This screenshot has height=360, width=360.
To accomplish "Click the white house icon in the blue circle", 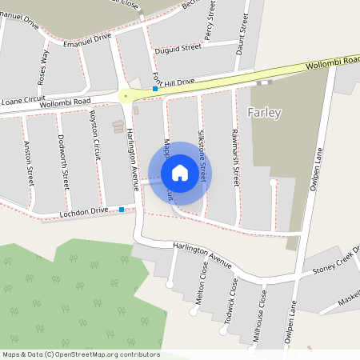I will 180,173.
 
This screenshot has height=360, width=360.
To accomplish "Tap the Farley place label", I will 266,113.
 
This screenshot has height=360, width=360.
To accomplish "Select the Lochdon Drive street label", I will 83,213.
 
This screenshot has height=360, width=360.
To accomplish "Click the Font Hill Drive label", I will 174,81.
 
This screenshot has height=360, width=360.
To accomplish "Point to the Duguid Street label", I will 178,48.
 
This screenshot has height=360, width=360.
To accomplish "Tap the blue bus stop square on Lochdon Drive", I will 122,210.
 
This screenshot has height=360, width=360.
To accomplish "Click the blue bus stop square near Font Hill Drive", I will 156,89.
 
